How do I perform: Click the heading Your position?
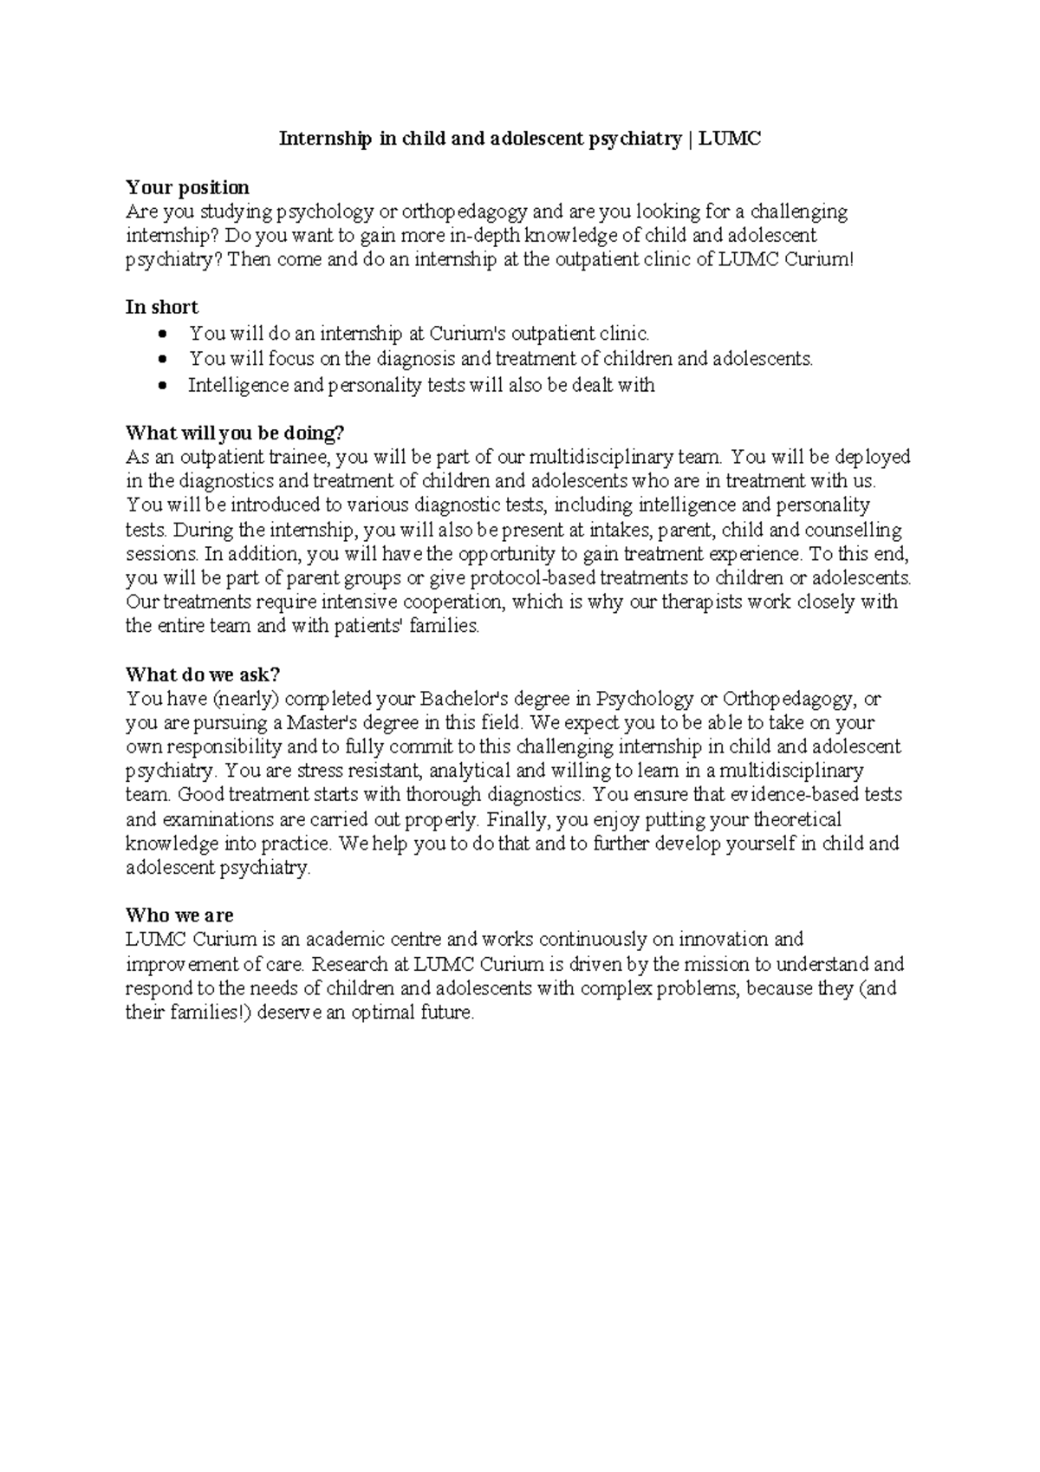coord(187,187)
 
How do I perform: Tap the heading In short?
coord(162,308)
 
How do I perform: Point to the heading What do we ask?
coord(203,674)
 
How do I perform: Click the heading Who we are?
coord(179,915)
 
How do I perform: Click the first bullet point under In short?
coord(162,334)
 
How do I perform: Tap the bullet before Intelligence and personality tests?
coord(162,386)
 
